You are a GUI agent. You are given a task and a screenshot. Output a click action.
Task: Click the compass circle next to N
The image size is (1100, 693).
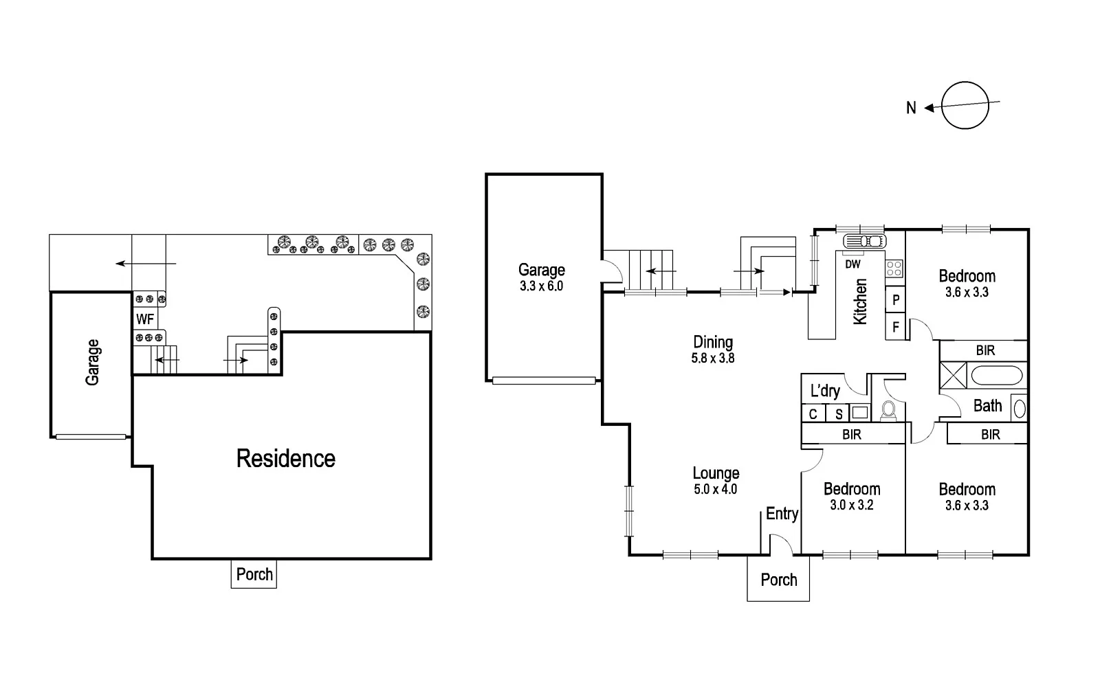965,105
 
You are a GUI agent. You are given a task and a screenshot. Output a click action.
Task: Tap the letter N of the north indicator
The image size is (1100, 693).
911,108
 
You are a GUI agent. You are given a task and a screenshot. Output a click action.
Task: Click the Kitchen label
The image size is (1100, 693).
860,302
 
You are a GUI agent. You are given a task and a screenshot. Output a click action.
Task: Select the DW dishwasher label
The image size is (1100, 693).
852,264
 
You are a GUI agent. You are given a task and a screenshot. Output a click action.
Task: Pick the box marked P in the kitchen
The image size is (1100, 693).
896,300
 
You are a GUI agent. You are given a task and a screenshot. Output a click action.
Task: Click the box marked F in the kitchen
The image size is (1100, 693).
896,327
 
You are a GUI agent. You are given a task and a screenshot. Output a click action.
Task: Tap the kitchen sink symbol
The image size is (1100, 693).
864,240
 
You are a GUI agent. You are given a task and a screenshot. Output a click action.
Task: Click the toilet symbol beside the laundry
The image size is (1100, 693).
888,410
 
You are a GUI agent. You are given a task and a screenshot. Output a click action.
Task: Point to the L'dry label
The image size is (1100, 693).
825,391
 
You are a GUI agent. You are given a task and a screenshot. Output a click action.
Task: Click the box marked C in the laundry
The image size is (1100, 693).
813,414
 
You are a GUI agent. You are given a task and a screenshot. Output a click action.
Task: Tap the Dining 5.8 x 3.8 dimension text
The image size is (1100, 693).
713,358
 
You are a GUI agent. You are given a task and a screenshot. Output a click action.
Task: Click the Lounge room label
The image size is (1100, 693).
716,473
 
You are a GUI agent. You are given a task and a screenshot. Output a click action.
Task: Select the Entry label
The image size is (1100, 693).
782,514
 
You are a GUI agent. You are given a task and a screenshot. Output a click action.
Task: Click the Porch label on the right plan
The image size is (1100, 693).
778,580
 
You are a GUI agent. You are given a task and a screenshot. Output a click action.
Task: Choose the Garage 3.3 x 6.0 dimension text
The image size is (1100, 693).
541,286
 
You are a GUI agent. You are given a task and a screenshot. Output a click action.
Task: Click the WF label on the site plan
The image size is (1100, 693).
144,319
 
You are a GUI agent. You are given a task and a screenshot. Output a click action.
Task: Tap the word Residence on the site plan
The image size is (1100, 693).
285,459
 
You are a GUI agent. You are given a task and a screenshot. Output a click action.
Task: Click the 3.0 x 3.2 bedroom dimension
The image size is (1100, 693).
852,505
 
